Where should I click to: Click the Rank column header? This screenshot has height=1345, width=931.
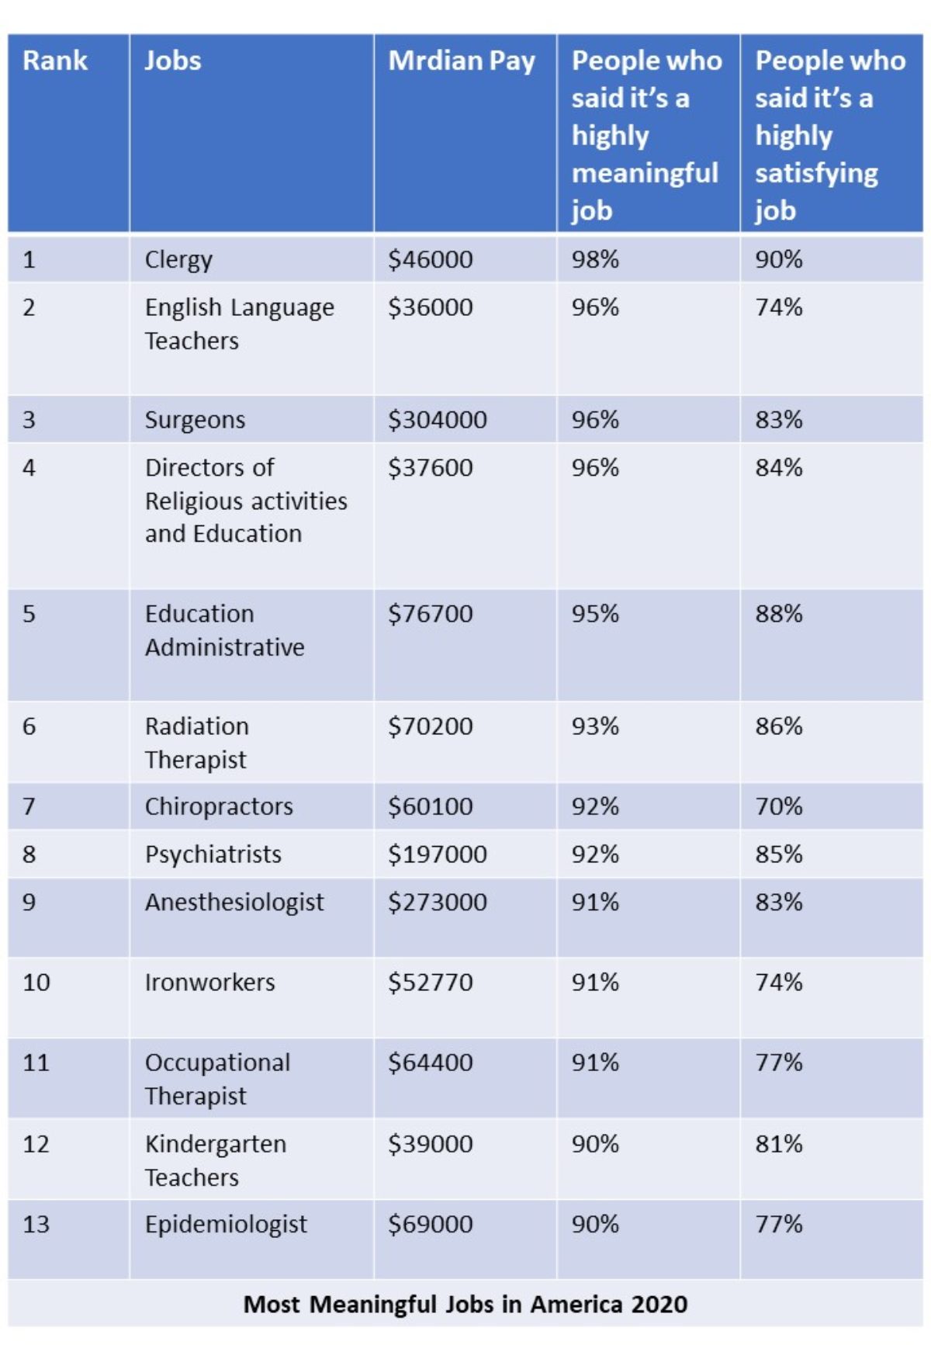click(x=55, y=61)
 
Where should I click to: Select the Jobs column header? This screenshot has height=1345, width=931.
click(x=173, y=61)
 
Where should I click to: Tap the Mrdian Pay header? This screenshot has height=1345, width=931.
click(x=462, y=61)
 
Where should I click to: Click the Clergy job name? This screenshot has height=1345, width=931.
click(x=178, y=260)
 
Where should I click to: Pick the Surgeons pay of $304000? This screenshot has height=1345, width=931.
click(x=438, y=420)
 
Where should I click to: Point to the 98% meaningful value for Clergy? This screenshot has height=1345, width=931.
click(x=595, y=259)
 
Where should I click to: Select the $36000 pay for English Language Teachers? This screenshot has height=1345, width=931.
click(x=431, y=307)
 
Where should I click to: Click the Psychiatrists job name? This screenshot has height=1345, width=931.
click(x=213, y=854)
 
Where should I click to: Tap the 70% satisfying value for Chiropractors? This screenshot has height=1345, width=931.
click(x=779, y=806)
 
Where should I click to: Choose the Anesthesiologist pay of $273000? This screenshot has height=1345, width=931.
click(x=438, y=902)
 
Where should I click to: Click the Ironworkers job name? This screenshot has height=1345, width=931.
click(x=209, y=983)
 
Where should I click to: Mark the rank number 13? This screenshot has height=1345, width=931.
click(x=36, y=1224)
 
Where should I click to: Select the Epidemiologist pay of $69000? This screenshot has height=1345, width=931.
click(x=431, y=1224)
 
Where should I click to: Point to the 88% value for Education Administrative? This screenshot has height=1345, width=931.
click(x=779, y=614)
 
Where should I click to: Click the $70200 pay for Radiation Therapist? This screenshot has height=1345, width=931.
click(x=431, y=726)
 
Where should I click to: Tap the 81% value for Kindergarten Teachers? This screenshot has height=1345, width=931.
click(x=779, y=1144)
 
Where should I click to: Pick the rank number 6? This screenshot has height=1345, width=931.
click(x=29, y=726)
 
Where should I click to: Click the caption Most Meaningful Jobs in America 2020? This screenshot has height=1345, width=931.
click(x=465, y=1304)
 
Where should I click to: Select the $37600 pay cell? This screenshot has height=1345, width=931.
click(x=431, y=468)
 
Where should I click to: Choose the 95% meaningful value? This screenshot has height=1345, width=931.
click(x=595, y=614)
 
